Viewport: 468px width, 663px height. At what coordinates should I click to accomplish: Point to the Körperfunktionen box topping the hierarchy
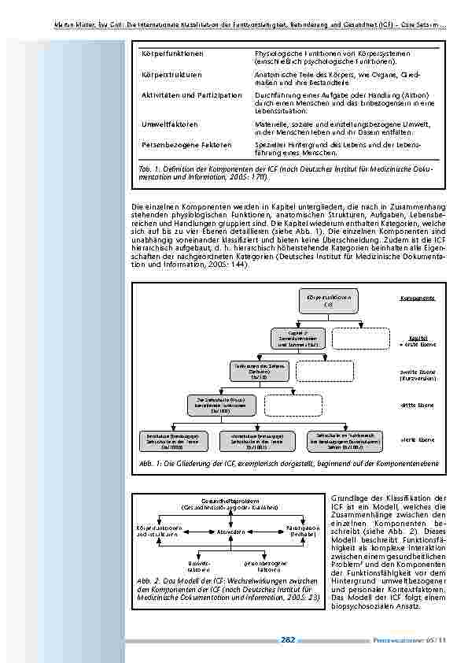[x=329, y=300]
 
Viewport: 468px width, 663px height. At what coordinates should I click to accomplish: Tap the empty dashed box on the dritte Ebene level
[x=292, y=404]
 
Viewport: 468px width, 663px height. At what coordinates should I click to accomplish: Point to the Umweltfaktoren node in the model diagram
[x=198, y=565]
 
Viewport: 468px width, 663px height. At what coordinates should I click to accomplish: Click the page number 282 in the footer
[x=288, y=640]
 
